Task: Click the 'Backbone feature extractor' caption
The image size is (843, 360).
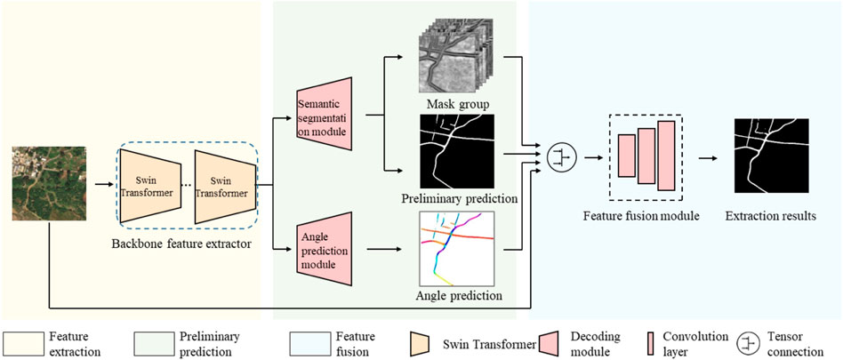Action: coord(181,243)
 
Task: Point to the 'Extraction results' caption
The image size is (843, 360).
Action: coord(770,216)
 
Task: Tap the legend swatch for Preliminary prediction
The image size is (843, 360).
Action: coord(155,343)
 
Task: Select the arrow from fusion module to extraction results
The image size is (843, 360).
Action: coord(708,158)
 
